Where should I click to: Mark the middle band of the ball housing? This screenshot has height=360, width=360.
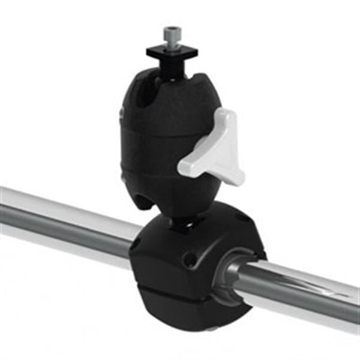(x=153, y=141)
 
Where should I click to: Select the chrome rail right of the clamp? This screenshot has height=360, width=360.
(x=306, y=294)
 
